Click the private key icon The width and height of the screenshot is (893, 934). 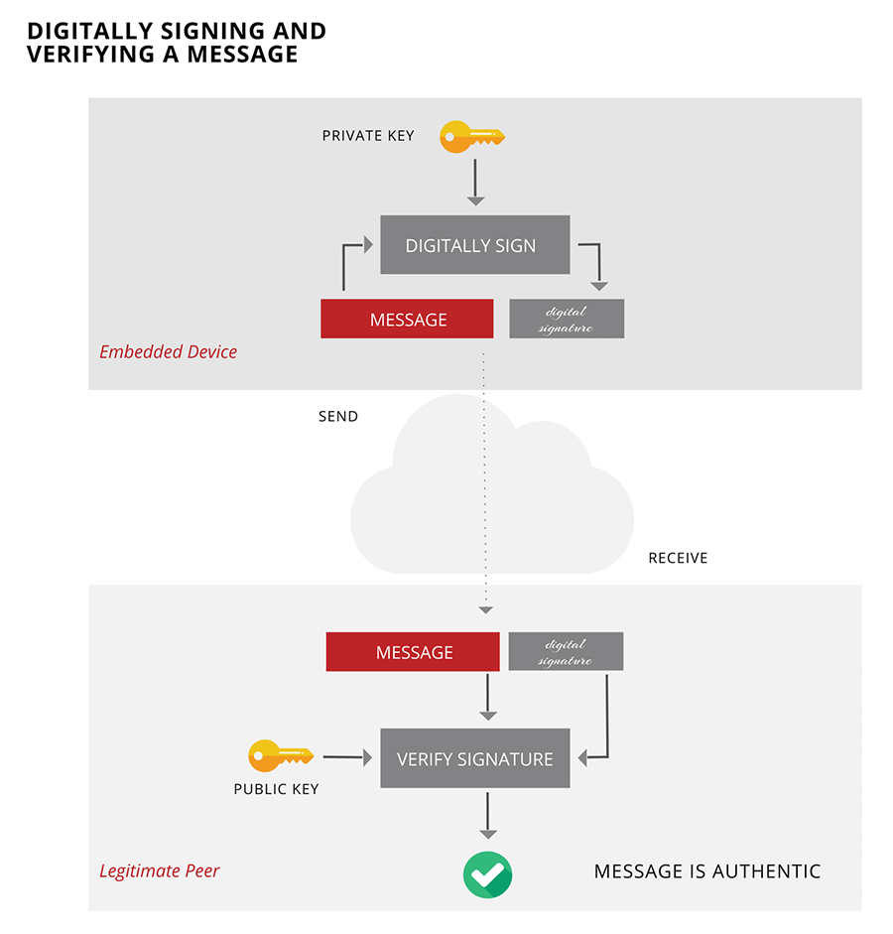point(471,136)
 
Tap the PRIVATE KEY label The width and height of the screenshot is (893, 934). point(367,136)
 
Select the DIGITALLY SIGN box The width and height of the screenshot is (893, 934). point(474,245)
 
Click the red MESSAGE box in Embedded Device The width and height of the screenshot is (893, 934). point(407,320)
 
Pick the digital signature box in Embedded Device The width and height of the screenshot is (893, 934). point(567,320)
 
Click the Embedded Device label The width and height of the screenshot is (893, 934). point(168,352)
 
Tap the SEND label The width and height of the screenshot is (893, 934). point(337,417)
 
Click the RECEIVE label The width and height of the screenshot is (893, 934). point(678,559)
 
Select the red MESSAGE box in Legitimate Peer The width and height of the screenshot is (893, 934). point(413,652)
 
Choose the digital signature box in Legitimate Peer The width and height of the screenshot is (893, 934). point(566,652)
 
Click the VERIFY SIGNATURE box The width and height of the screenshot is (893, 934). point(474,759)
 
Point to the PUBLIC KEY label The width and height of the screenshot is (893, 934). point(276,790)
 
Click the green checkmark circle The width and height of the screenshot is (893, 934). point(487,874)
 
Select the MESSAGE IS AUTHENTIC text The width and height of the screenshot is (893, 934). point(707,872)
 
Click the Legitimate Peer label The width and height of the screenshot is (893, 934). point(159,871)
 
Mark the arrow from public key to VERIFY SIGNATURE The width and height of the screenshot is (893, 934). point(346,758)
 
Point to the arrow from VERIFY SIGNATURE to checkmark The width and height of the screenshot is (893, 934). point(487,815)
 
